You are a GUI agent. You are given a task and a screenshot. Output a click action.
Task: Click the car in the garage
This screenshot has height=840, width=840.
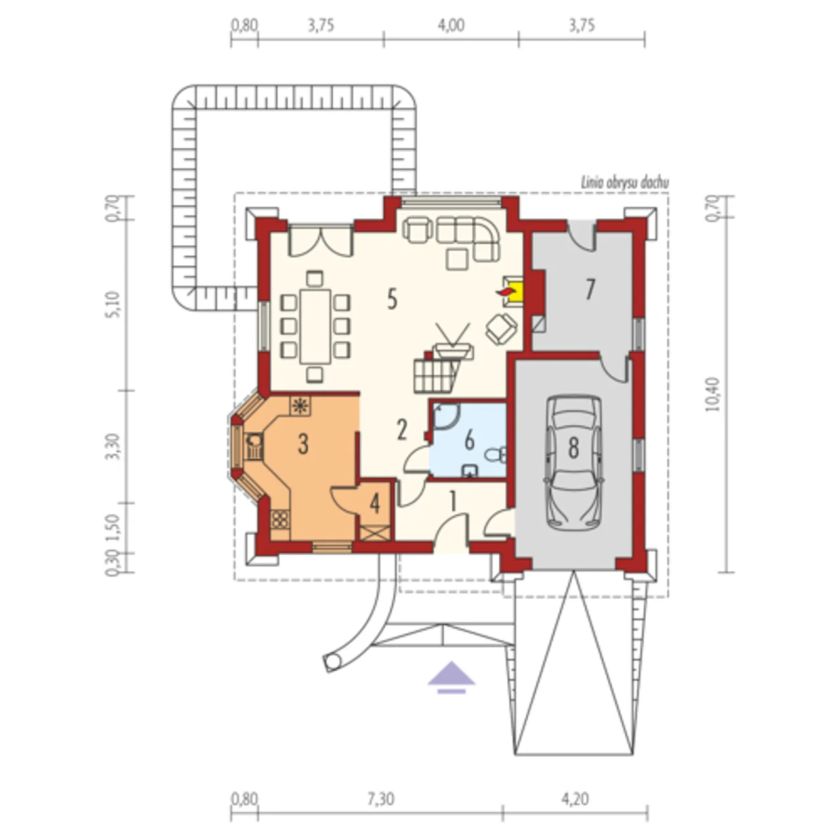573,463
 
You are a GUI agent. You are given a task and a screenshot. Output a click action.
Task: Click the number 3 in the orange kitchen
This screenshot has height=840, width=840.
303,444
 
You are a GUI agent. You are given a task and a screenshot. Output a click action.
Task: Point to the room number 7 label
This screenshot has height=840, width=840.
589,289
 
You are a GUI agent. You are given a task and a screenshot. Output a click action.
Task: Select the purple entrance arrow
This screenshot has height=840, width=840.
451,677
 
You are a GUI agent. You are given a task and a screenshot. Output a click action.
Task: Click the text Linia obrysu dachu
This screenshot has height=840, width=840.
624,183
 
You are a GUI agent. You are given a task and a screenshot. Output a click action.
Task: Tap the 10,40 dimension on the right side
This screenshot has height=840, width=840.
712,394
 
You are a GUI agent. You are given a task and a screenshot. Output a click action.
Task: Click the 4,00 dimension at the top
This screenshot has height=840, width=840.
451,26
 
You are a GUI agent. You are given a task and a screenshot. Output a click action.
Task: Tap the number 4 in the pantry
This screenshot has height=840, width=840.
375,504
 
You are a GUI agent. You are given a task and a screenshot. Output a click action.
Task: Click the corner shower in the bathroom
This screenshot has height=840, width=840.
445,415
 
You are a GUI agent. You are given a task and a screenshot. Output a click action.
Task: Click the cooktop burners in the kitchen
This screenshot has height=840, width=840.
280,519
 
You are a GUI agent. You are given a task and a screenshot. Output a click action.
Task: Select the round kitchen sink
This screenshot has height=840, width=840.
254,440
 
